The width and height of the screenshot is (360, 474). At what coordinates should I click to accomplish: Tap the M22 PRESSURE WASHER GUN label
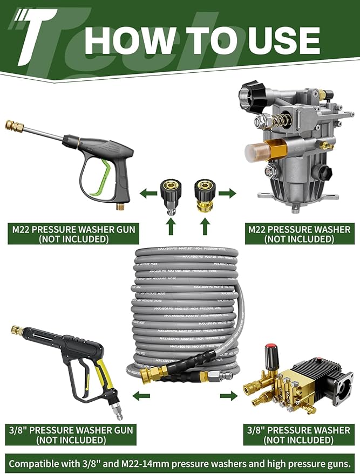[74, 234]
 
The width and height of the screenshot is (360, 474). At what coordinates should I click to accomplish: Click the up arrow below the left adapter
[171, 228]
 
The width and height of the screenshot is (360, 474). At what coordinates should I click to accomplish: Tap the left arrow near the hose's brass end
[142, 396]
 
